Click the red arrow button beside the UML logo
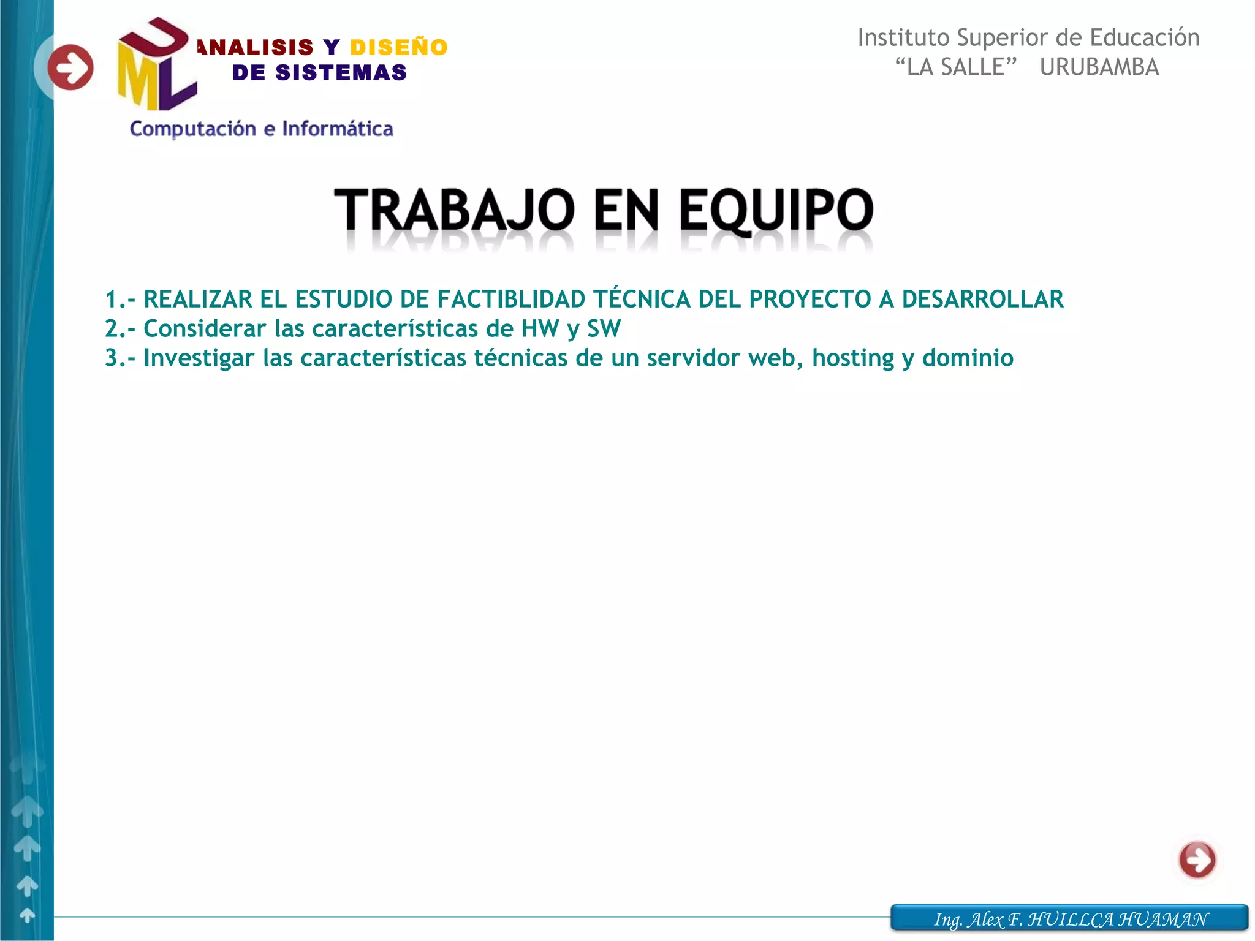point(70,67)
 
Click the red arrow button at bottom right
point(1197,860)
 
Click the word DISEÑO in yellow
point(398,48)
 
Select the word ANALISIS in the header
point(256,48)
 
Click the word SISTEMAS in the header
point(341,73)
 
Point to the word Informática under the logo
point(338,129)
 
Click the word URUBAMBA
point(1099,67)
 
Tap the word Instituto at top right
point(903,38)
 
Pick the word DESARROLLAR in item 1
point(982,300)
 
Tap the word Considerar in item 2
point(205,329)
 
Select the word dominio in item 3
point(968,358)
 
